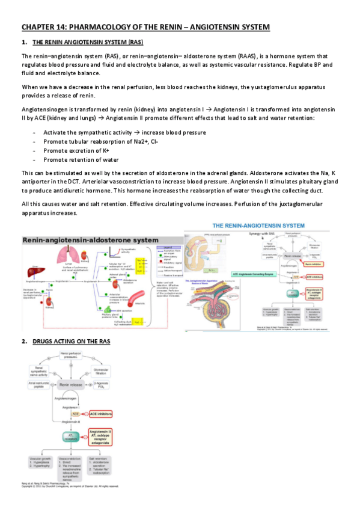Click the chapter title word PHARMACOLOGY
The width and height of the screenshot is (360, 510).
(x=103, y=27)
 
